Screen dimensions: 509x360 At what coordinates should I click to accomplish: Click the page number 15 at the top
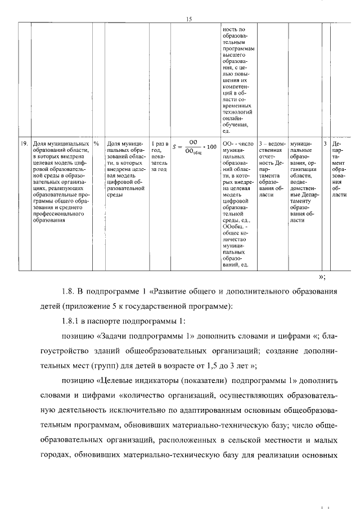click(189, 19)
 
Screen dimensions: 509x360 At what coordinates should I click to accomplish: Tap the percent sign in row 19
click(97, 144)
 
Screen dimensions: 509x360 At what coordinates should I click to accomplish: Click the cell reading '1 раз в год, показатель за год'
click(160, 156)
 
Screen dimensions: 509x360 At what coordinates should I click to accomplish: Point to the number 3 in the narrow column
click(325, 144)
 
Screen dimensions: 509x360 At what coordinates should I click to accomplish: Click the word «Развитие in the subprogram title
click(180, 291)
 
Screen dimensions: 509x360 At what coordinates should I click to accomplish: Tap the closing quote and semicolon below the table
click(322, 276)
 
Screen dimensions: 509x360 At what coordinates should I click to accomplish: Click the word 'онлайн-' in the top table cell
click(234, 116)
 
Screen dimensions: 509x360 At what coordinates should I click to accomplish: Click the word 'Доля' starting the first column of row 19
click(40, 144)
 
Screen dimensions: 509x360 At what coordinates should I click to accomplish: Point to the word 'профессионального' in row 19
click(58, 214)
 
